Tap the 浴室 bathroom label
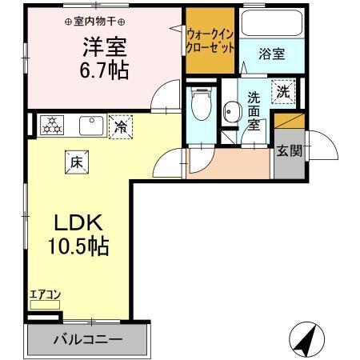click(x=272, y=54)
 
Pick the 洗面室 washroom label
click(x=254, y=110)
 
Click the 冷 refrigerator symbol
click(x=121, y=126)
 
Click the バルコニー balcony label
click(x=87, y=339)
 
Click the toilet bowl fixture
click(x=201, y=104)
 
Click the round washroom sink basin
click(x=231, y=110)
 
